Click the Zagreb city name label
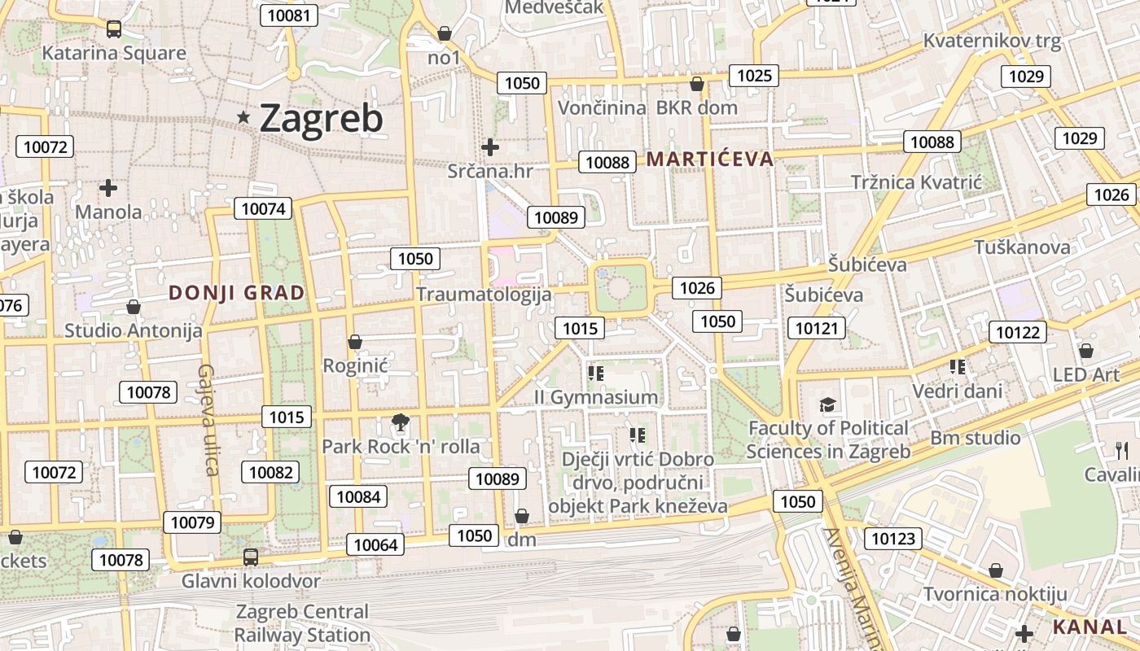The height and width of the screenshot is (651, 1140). pyautogui.click(x=321, y=119)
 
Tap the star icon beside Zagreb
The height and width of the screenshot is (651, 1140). pyautogui.click(x=243, y=118)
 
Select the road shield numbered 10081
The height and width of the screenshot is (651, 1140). pyautogui.click(x=288, y=15)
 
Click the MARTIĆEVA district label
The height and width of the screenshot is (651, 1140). pyautogui.click(x=709, y=159)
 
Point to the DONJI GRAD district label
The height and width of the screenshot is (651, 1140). pyautogui.click(x=236, y=293)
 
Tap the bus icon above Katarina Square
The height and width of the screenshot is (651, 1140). pyautogui.click(x=114, y=29)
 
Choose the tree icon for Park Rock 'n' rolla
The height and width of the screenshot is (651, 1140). pyautogui.click(x=400, y=422)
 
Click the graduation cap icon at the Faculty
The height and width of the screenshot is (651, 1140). pyautogui.click(x=827, y=404)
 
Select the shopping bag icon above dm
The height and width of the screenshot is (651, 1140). pyautogui.click(x=522, y=516)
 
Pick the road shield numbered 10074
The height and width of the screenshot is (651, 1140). pyautogui.click(x=263, y=209)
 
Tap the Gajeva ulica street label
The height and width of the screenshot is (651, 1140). pyautogui.click(x=208, y=419)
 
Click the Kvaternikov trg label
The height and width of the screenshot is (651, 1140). pyautogui.click(x=992, y=42)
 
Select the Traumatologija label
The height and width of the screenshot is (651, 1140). pyautogui.click(x=484, y=295)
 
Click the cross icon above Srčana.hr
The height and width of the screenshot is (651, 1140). pyautogui.click(x=490, y=147)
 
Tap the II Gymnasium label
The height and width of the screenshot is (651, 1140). pyautogui.click(x=595, y=397)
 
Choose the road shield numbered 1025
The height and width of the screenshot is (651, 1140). pyautogui.click(x=753, y=76)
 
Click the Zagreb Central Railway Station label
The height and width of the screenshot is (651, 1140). pyautogui.click(x=302, y=623)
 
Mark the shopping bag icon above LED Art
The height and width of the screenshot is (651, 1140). pyautogui.click(x=1085, y=351)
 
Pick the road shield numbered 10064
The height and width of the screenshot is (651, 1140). pyautogui.click(x=375, y=544)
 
